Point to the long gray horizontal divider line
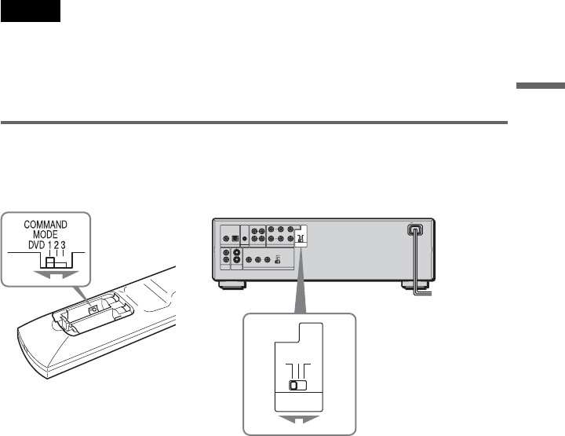pyautogui.click(x=254, y=123)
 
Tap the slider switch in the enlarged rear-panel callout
pyautogui.click(x=297, y=386)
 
